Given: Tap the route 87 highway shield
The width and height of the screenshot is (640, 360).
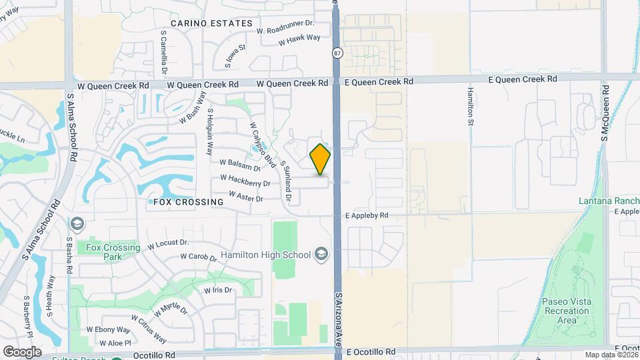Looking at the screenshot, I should tap(337, 53).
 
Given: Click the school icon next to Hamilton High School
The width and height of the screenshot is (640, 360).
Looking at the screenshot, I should tap(321, 254).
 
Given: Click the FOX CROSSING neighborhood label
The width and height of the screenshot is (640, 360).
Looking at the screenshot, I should tap(188, 202).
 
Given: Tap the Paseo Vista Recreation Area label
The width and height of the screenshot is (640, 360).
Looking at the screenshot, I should tap(559, 311).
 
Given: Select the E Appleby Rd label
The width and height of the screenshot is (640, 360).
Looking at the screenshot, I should tap(367, 216).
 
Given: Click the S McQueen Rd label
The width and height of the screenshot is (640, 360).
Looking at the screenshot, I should tap(605, 113).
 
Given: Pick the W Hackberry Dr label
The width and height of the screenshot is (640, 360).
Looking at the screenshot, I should tap(245, 181).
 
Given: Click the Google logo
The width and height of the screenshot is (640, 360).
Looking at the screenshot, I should tap(21, 351).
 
